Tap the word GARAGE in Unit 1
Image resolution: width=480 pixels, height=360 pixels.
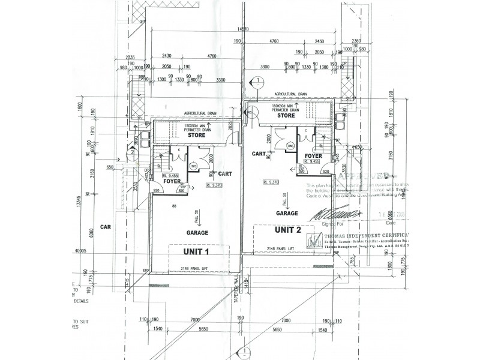point(197,232)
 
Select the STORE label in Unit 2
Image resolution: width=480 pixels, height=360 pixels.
point(286,116)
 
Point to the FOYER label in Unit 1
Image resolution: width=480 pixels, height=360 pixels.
point(173,180)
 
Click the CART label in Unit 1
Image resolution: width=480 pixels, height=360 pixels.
point(225,173)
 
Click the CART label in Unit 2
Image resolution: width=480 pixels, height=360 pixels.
point(259,154)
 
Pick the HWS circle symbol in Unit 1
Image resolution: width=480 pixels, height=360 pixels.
point(193,166)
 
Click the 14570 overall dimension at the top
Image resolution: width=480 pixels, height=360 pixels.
point(243,29)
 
